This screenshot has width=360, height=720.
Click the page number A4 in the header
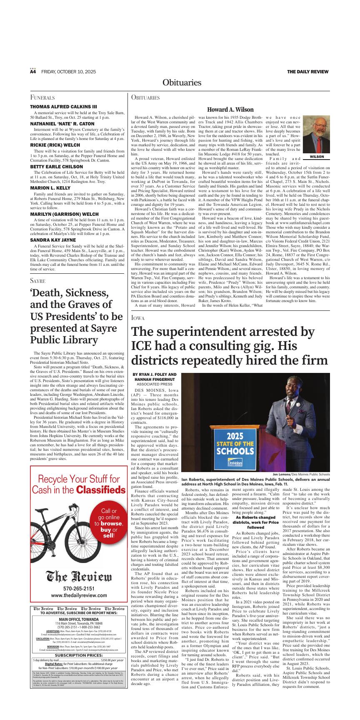(x=33, y=72)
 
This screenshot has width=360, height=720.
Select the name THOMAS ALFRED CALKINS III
(x=63, y=107)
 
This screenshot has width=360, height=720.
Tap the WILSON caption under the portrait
(x=316, y=157)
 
